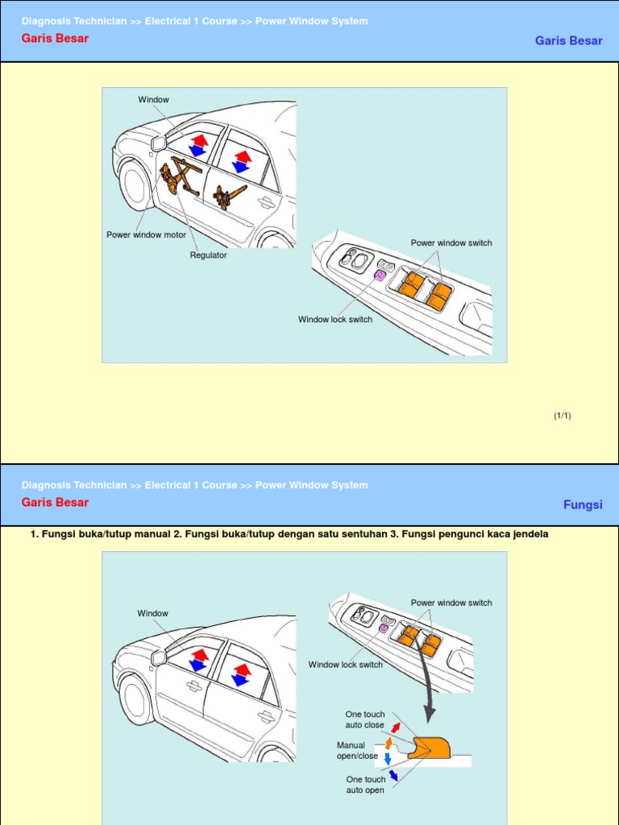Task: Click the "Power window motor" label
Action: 146,235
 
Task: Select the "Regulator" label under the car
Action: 208,255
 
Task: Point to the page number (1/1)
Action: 562,416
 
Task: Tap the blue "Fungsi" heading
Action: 582,505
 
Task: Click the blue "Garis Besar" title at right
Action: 568,41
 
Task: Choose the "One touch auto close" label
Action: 365,719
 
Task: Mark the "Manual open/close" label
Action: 357,751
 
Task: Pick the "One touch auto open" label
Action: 365,785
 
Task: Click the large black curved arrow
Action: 427,685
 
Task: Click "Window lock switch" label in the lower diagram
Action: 345,665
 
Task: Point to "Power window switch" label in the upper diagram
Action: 451,243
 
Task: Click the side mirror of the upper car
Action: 159,143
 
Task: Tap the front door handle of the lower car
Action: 193,686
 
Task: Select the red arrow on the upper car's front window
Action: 199,139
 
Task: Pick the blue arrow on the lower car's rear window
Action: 239,680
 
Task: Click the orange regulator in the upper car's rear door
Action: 229,196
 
